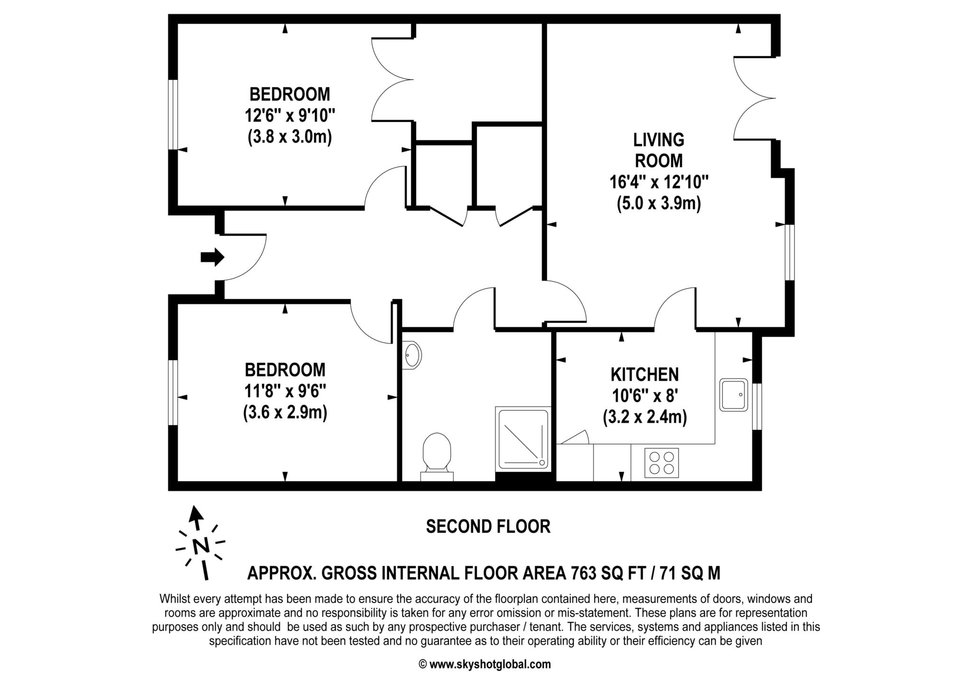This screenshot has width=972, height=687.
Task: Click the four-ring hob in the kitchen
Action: (662, 463)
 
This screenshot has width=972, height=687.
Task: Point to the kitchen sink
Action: (733, 394)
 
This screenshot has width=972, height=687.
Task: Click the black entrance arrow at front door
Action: (212, 257)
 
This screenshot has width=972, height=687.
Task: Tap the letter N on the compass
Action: (201, 546)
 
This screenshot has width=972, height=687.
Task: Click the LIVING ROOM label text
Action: (659, 150)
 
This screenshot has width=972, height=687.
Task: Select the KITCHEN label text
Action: (645, 374)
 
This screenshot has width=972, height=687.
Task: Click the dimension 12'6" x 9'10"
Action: (290, 115)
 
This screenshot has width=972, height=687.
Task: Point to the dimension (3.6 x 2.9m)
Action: (285, 412)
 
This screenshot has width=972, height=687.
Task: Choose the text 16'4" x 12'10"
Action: (659, 182)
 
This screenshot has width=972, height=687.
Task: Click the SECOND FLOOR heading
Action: (488, 527)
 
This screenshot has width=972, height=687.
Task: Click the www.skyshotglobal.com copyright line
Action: (485, 664)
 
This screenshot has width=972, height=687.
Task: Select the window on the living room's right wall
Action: (789, 252)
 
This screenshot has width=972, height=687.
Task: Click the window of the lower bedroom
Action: (173, 392)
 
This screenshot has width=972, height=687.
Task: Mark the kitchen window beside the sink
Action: (757, 406)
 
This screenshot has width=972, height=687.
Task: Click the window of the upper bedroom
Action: (173, 114)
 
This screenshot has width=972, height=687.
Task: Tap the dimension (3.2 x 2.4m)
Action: (645, 417)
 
